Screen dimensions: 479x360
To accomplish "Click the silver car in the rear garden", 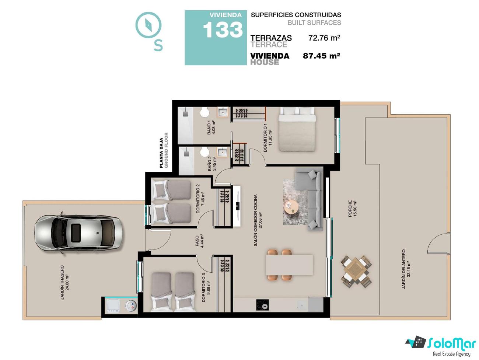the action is pyautogui.click(x=79, y=233).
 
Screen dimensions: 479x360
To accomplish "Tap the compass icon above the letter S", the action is pyautogui.click(x=148, y=25).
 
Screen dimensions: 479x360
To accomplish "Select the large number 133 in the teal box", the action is pyautogui.click(x=223, y=30).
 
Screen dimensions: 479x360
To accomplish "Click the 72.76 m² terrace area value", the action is pyautogui.click(x=324, y=38).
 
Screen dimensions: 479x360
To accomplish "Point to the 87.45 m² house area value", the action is pyautogui.click(x=321, y=56).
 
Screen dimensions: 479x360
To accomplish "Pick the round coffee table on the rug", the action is pyautogui.click(x=291, y=207).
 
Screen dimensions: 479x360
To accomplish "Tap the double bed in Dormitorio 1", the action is pyautogui.click(x=297, y=129).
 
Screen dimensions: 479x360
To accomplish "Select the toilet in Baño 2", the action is pyautogui.click(x=205, y=152).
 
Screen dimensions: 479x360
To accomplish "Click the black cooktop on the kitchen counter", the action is pyautogui.click(x=262, y=305).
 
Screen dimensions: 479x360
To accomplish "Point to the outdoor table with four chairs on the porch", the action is pyautogui.click(x=356, y=271).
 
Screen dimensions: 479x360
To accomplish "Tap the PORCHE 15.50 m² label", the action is pyautogui.click(x=352, y=209).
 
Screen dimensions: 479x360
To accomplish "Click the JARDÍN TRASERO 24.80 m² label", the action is pyautogui.click(x=65, y=282).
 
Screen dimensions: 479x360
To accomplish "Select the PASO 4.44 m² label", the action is pyautogui.click(x=199, y=241).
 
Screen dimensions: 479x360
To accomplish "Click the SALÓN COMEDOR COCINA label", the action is pyautogui.click(x=256, y=221).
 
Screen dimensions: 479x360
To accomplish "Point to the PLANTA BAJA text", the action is pyautogui.click(x=161, y=153).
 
